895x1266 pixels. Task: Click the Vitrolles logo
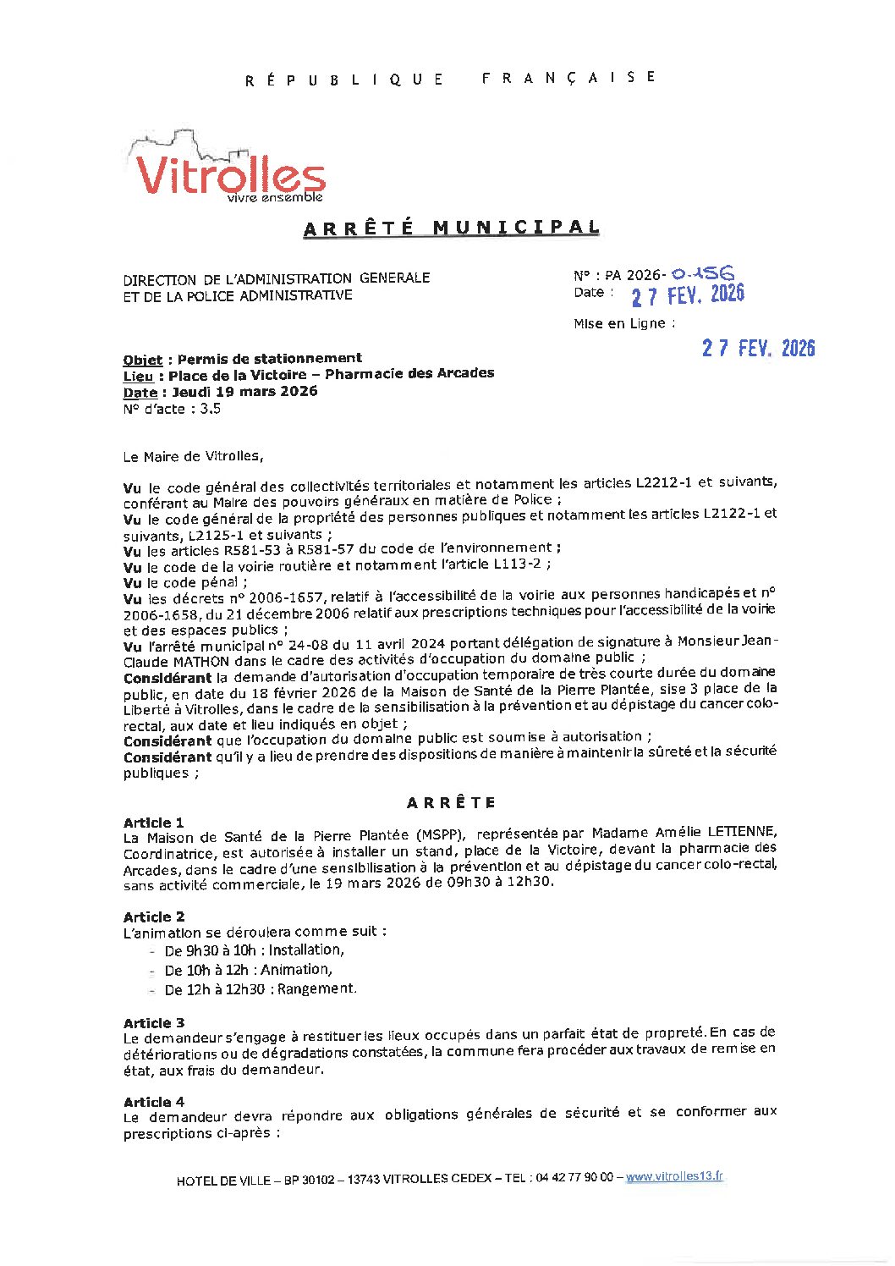pos(228,170)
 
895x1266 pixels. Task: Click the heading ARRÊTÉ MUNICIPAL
pos(452,228)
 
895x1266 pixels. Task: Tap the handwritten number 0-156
pos(702,272)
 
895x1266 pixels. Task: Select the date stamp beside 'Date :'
pos(688,294)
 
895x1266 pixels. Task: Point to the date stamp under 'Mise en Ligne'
pos(758,348)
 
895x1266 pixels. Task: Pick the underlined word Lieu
pos(138,376)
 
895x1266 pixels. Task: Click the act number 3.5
pos(210,409)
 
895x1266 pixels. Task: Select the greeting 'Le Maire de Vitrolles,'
pos(193,456)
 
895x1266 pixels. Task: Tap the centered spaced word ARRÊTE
pos(451,802)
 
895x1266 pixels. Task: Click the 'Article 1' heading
pos(153,823)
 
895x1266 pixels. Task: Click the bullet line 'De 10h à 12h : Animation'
pos(248,970)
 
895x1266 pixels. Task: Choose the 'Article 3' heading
pos(154,1023)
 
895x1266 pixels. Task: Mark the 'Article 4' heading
pos(154,1102)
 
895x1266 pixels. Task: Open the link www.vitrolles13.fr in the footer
pos(674,1176)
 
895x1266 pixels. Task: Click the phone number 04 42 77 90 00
pos(574,1178)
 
